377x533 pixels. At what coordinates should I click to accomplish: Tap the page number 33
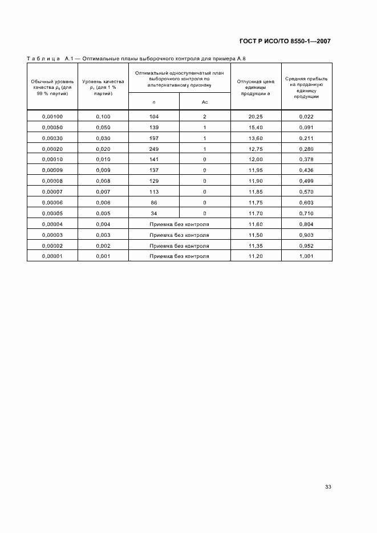[x=328, y=486]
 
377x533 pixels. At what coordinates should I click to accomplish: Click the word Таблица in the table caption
[x=43, y=59]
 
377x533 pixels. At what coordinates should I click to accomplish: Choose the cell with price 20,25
[x=255, y=116]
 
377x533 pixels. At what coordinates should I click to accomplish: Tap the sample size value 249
[x=154, y=148]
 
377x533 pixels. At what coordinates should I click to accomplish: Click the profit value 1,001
[x=306, y=256]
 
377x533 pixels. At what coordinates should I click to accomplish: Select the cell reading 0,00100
[x=52, y=116]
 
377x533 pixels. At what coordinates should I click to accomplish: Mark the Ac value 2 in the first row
[x=204, y=116]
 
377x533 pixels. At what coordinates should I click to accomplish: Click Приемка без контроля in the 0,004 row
[x=179, y=224]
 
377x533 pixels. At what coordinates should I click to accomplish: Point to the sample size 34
[x=154, y=213]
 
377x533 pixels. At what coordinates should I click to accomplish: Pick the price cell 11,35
[x=255, y=245]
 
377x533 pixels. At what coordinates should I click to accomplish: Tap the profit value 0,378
[x=306, y=159]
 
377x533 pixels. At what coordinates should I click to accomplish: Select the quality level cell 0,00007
[x=52, y=191]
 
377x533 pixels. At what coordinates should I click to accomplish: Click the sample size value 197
[x=154, y=138]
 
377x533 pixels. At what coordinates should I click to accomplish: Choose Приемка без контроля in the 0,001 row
[x=179, y=256]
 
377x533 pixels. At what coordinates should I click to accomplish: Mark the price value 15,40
[x=255, y=127]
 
